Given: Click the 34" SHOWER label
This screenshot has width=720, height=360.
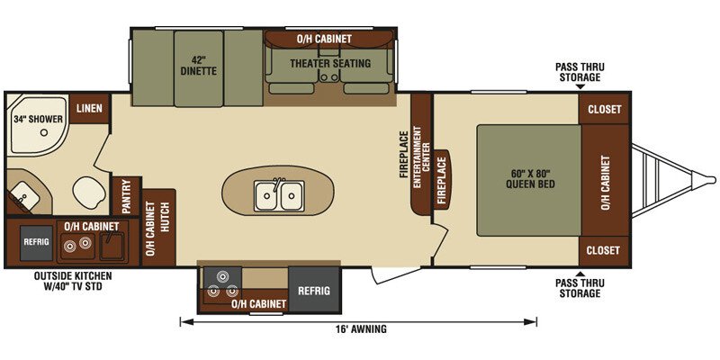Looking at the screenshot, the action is click(x=38, y=120).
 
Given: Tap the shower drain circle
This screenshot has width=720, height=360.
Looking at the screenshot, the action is click(x=44, y=132).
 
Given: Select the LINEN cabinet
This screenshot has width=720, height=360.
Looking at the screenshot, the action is click(x=89, y=108).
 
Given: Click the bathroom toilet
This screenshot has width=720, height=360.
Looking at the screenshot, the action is click(x=89, y=191).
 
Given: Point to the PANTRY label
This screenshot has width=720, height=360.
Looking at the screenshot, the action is click(x=126, y=196).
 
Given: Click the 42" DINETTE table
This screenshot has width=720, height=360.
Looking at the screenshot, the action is click(x=198, y=68).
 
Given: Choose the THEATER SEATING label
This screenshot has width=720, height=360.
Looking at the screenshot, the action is click(x=330, y=63).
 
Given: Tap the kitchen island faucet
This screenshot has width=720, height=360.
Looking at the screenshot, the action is click(x=276, y=184).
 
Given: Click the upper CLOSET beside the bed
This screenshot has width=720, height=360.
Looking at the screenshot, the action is click(x=604, y=109).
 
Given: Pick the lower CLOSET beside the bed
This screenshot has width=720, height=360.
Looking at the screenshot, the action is click(x=603, y=250).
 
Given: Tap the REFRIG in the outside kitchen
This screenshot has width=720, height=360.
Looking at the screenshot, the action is click(x=36, y=242).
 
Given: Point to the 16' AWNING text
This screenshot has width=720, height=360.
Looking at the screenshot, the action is click(x=358, y=328).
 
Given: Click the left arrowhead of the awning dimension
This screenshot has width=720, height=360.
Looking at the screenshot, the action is click(x=184, y=322).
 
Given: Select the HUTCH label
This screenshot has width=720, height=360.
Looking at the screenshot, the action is click(x=166, y=216).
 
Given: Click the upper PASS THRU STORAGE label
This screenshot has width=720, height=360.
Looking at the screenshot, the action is click(x=580, y=72).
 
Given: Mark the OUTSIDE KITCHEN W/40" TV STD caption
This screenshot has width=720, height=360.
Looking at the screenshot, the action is click(x=73, y=282).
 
